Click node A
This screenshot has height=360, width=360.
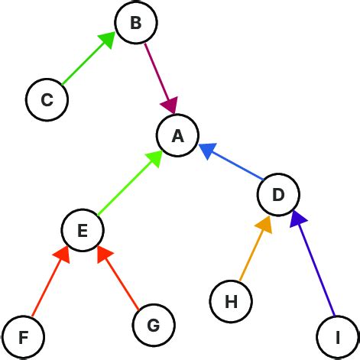coord(178,136)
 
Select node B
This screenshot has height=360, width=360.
coord(136,24)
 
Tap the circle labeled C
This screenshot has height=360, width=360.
coord(47,99)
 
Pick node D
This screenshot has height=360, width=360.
coord(278,195)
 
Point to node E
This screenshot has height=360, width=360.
coord(83,230)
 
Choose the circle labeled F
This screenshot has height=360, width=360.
coord(23,336)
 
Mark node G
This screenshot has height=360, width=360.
coord(153,326)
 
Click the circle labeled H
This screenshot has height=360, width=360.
coord(231,300)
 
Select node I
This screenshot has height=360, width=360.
coord(337,336)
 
